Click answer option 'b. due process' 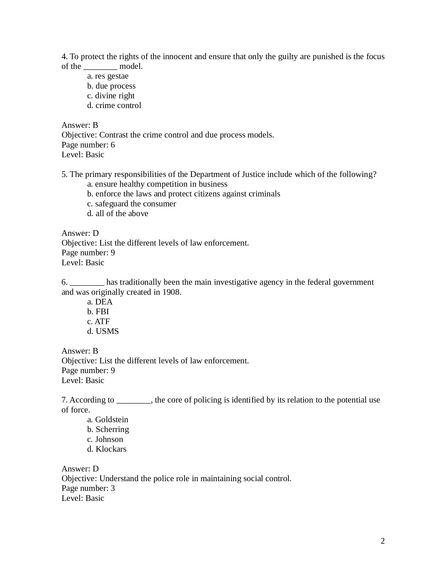coord(111,86)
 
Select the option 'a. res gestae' coord(108,76)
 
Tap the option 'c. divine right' coord(111,96)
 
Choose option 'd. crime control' coord(114,105)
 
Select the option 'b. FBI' coord(98,312)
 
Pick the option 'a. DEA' coord(100,302)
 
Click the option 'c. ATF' coord(98,322)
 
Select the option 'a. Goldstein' coord(108,419)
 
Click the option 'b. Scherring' coord(108,429)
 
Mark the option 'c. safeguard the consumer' coord(132,204)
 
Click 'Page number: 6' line coord(88,145)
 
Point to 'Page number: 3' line coord(88,488)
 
